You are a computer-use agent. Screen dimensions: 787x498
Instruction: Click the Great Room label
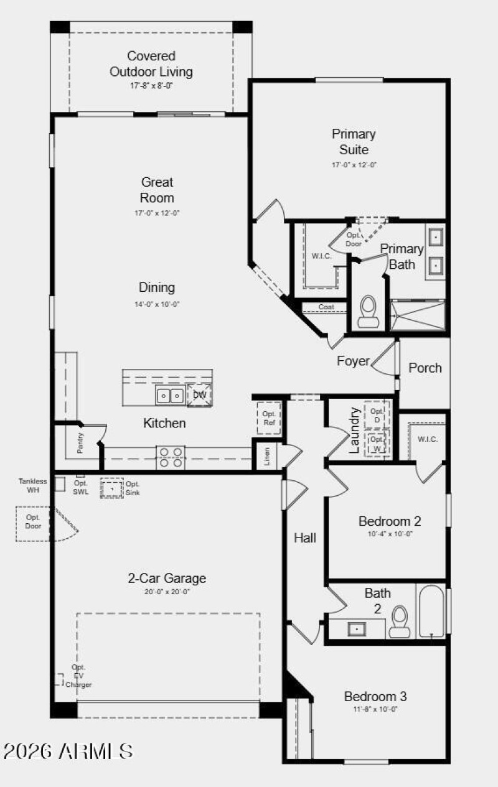(x=157, y=190)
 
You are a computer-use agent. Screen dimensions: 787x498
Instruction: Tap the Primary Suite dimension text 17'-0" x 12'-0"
(x=353, y=165)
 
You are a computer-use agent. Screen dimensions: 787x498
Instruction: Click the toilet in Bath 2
(x=400, y=622)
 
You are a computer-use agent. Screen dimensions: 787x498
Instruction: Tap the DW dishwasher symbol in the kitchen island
(x=199, y=395)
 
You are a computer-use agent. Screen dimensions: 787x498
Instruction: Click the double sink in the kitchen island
(x=169, y=395)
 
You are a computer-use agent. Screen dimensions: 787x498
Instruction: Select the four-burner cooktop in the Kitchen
(x=170, y=457)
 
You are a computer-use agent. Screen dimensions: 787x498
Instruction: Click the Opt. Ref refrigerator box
(x=269, y=418)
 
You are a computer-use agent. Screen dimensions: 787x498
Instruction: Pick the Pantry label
(x=80, y=443)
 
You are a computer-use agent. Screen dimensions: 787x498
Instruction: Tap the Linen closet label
(x=267, y=457)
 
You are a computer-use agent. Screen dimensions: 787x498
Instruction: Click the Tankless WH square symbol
(x=60, y=483)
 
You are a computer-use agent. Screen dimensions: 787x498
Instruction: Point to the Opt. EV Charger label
(x=78, y=676)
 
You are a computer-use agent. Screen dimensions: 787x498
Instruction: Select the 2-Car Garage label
(x=167, y=578)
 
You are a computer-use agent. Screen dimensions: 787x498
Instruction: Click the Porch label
(x=425, y=368)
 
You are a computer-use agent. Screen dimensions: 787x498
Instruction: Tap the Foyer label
(x=353, y=361)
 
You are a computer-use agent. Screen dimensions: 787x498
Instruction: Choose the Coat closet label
(x=326, y=307)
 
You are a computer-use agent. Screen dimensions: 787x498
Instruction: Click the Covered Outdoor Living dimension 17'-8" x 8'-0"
(x=151, y=86)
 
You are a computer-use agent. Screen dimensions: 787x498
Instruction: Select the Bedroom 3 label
(x=375, y=696)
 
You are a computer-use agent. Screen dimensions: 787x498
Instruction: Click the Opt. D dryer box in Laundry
(x=377, y=415)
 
